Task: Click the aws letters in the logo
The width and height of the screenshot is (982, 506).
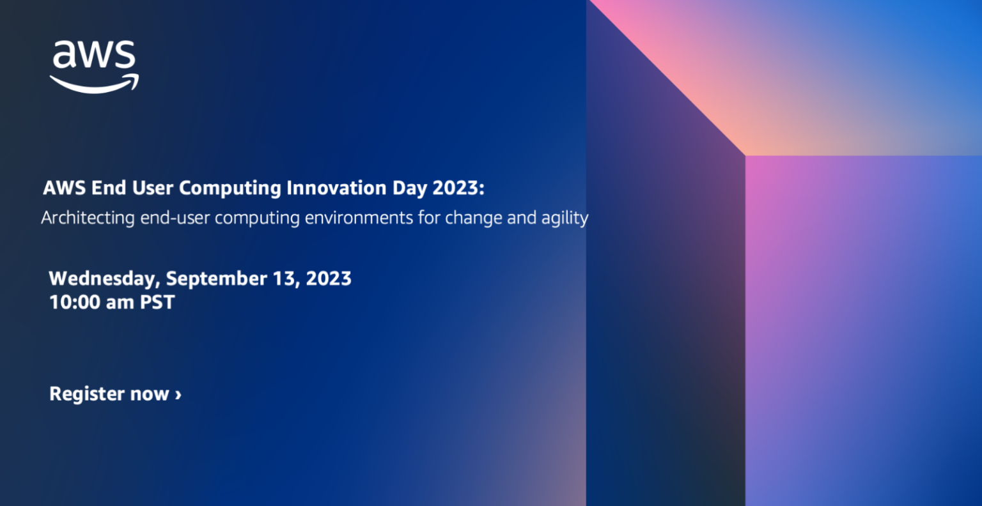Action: pos(93,56)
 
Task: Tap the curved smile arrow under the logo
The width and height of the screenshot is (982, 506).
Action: pos(94,84)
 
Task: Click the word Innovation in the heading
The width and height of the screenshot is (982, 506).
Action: pos(336,188)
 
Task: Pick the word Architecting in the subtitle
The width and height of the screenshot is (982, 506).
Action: pos(88,218)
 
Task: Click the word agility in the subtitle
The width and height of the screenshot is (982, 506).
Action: pos(564,218)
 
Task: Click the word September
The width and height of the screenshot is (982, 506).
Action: pos(216,279)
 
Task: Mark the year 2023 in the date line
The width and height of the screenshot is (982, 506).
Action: pos(329,279)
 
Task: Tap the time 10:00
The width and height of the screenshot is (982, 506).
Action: pos(75,302)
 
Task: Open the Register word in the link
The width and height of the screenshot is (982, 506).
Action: pos(87,394)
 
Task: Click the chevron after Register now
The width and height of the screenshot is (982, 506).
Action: pos(178,394)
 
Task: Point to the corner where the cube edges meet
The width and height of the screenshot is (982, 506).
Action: pos(745,155)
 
